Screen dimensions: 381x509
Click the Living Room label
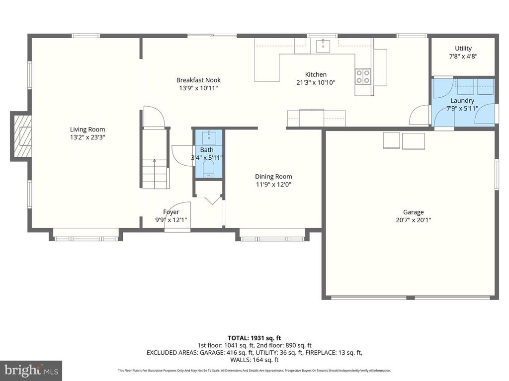click(87, 129)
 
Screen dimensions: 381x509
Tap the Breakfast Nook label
click(198, 80)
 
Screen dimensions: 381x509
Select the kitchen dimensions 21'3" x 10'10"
click(316, 82)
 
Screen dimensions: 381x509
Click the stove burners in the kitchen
click(362, 75)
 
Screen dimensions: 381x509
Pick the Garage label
click(414, 212)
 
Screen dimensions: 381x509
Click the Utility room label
click(463, 49)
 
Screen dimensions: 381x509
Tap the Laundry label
click(462, 100)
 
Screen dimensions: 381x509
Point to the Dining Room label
click(273, 176)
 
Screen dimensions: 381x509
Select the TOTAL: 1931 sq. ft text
click(254, 338)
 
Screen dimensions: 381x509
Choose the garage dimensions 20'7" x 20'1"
click(414, 220)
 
